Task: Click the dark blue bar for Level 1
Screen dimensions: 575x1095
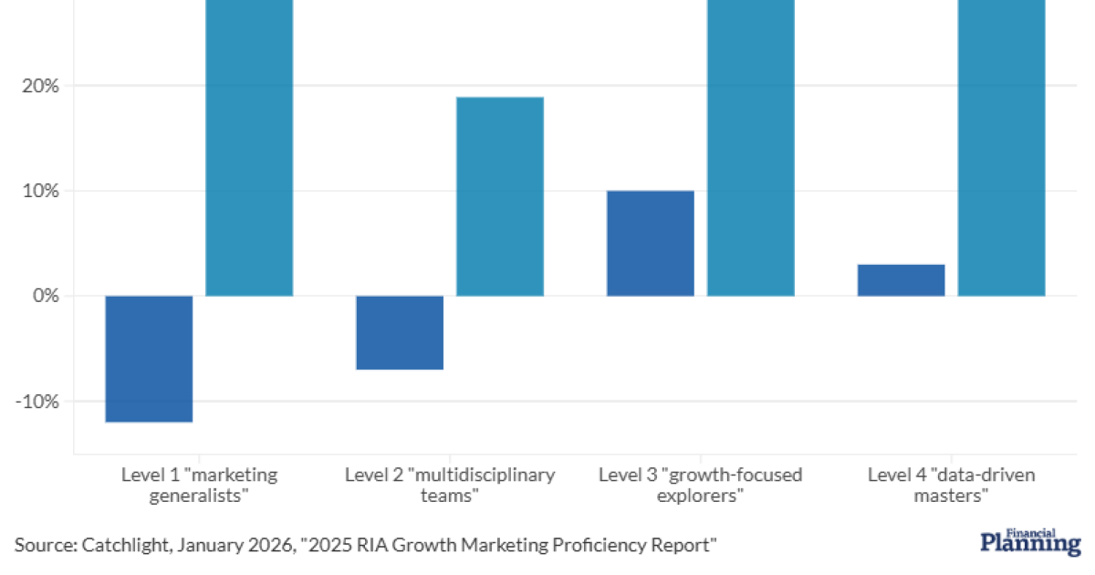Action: [x=149, y=359]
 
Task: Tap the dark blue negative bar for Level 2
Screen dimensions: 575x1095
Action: [x=400, y=332]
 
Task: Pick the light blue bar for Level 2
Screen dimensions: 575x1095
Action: [x=500, y=196]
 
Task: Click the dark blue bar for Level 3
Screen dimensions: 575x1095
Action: [x=651, y=243]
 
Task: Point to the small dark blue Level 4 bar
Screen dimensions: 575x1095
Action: [x=901, y=280]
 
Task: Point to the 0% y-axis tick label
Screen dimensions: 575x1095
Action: [x=46, y=296]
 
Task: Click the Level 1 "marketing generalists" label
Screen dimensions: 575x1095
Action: [x=199, y=486]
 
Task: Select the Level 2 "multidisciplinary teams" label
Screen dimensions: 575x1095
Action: [x=450, y=486]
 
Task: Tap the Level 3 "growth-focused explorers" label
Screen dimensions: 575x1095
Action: [x=700, y=486]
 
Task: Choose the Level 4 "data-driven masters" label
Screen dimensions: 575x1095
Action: [x=952, y=486]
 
